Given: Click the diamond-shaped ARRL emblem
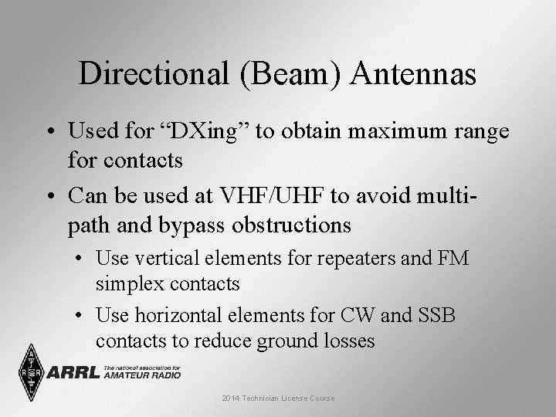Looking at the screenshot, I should click(x=32, y=372).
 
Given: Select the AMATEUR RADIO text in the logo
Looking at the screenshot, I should click(x=141, y=375).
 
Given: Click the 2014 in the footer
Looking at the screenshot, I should click(x=231, y=398).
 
